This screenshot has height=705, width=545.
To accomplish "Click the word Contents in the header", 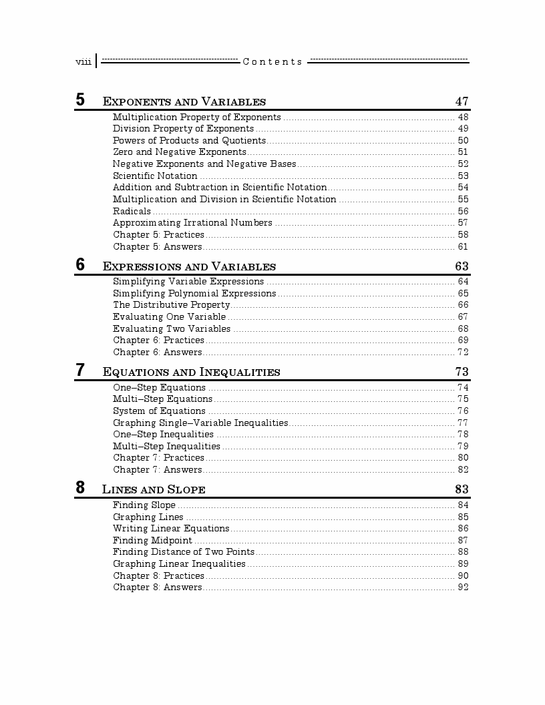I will pos(272,62).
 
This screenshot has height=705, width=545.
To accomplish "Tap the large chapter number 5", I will pos(80,100).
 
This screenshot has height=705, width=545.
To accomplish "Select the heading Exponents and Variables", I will pos(184,102).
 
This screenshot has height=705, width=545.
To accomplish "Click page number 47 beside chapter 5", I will pos(462,101).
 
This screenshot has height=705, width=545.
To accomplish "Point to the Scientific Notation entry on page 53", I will pos(155,176).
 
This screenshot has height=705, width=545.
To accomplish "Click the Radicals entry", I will pos(132,211).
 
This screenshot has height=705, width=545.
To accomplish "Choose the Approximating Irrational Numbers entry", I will pos(192,222).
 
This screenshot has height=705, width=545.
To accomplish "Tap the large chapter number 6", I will pos(80,264).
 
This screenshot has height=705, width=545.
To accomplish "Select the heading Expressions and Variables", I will pos(189,266).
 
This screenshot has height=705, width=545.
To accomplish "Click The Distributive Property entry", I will pos(171,305).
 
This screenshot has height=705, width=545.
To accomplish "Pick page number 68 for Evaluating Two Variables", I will pos(463,328).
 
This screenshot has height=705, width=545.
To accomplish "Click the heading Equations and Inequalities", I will pos(191,372).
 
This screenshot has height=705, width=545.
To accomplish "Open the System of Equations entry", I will pos(159,411).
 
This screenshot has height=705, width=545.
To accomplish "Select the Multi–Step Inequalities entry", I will pos(166,446).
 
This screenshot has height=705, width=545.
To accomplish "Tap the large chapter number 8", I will pos(80,487).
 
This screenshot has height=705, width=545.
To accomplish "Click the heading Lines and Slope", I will pos(154,489).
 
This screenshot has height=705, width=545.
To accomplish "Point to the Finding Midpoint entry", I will pos(152,540).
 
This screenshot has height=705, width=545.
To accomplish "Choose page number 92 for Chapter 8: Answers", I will pos(463,587).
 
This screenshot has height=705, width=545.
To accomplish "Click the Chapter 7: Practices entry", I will pos(158,457).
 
